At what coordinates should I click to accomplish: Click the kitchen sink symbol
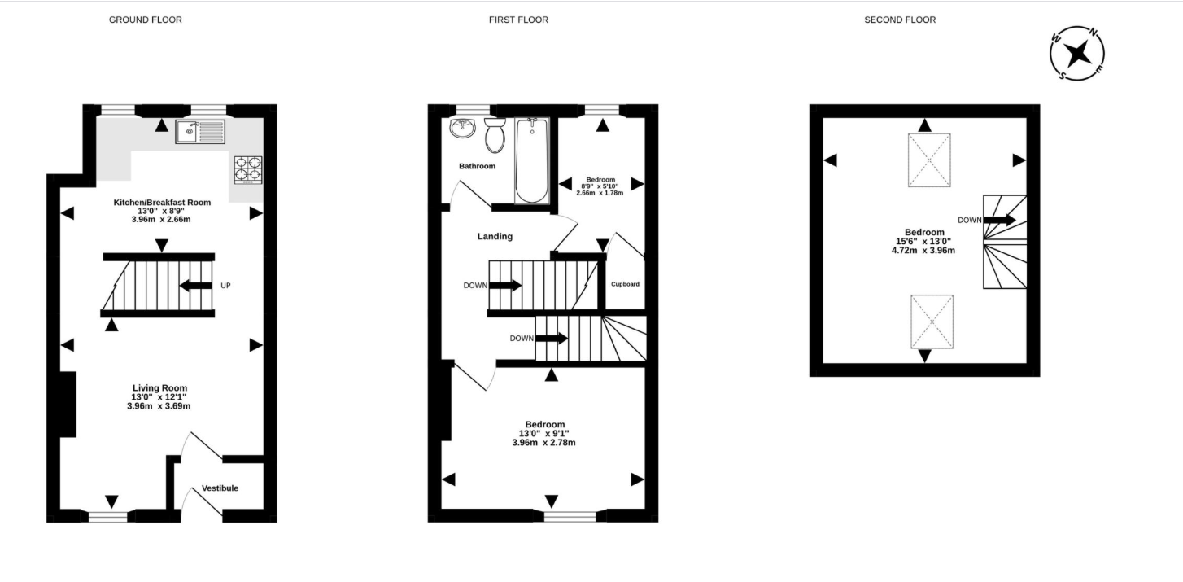coord(200,132)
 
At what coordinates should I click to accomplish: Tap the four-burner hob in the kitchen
coord(248,170)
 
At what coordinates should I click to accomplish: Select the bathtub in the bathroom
coord(532,161)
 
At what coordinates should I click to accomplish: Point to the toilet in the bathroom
coord(495,135)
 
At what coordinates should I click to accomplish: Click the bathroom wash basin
coord(463,129)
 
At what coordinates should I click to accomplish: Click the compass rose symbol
coord(1077,54)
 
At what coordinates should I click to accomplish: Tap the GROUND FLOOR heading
coord(146,20)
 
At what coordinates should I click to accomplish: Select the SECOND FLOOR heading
coord(900,20)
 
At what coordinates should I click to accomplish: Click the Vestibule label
coord(220,488)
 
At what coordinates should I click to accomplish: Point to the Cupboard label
coord(626,284)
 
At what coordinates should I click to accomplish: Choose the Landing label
coord(495,236)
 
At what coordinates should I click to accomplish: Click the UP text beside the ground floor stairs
coord(225,286)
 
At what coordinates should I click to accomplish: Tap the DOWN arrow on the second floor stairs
coord(999,221)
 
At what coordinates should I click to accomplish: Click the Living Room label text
coord(159,387)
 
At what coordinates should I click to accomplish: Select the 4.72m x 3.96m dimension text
coord(923,251)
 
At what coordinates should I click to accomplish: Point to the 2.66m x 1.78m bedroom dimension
coord(600,193)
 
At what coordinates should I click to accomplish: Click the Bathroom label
coord(477,166)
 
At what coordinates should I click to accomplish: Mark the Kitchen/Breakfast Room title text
coord(162,202)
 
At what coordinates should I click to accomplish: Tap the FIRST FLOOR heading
coord(518,20)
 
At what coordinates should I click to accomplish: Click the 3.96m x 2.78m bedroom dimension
coord(544,443)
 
